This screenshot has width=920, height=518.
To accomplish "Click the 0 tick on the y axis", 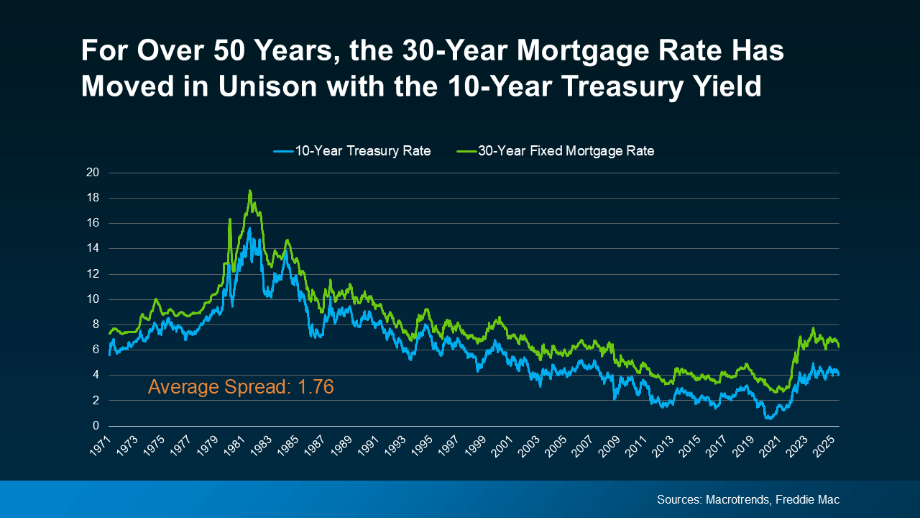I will pyautogui.click(x=96, y=426).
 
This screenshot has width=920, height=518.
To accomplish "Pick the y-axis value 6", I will pyautogui.click(x=96, y=350).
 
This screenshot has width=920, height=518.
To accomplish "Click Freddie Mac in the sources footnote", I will pyautogui.click(x=808, y=499).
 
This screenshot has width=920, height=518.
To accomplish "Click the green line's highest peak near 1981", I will pyautogui.click(x=249, y=191).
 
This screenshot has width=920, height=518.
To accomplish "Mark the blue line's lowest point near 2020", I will pyautogui.click(x=768, y=417).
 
